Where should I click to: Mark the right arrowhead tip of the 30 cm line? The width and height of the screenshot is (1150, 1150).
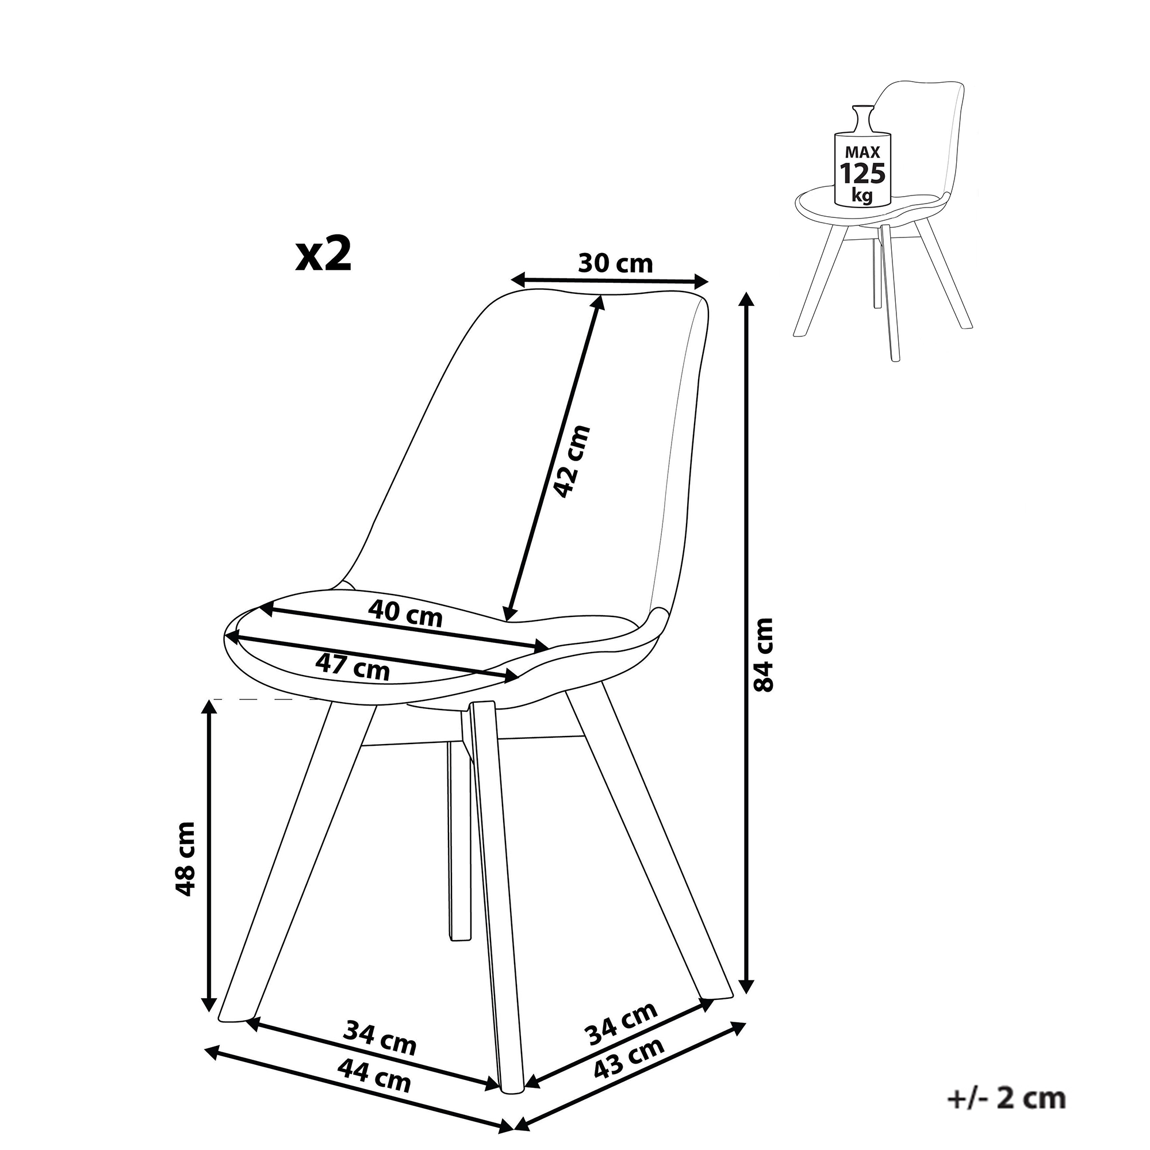coord(709,281)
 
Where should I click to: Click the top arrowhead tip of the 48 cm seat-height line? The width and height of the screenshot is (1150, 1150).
coord(208,700)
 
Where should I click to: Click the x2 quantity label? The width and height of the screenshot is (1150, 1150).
coord(324,255)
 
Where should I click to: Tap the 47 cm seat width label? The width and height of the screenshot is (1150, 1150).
coord(352,666)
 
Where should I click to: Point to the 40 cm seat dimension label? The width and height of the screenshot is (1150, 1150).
coord(405,613)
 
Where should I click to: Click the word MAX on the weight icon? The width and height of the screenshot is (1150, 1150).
coord(862,154)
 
